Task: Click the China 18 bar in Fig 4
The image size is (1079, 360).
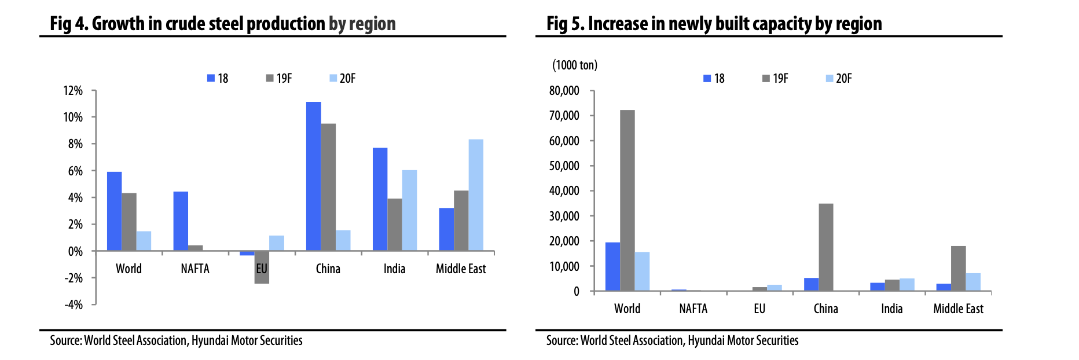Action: [313, 176]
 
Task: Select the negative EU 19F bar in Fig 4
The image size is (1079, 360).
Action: [262, 267]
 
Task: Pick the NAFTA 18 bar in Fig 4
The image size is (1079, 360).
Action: [181, 221]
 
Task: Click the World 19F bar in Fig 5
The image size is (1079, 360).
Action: [627, 200]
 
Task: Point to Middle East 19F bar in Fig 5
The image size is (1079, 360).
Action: [958, 268]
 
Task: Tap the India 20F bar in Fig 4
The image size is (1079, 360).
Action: [409, 210]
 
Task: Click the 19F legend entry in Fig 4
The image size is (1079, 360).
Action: [279, 78]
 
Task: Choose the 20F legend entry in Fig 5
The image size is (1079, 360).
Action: [839, 78]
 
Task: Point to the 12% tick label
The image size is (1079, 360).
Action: [73, 90]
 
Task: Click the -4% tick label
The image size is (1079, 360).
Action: [73, 304]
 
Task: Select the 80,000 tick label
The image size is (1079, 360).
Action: [564, 90]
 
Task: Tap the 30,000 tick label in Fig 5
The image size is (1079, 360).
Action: [564, 216]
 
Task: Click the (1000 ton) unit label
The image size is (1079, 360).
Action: [574, 65]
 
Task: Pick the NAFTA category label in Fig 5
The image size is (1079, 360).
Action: [693, 308]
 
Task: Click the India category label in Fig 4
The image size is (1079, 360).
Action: [394, 269]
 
